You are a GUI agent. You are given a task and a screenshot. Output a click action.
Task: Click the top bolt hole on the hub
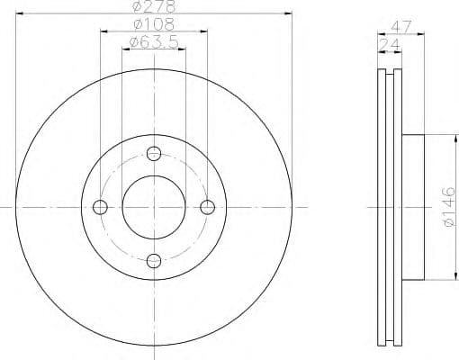154,153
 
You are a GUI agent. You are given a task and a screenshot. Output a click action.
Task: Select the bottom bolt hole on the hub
154,261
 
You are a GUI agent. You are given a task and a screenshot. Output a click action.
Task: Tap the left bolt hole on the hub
100,207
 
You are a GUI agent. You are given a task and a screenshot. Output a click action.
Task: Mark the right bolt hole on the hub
208,207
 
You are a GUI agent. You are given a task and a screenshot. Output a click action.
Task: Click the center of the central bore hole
154,207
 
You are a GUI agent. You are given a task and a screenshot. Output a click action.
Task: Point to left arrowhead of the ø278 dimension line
18,13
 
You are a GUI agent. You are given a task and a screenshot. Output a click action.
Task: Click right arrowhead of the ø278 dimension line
291,13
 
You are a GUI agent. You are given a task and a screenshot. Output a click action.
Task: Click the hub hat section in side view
410,206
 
